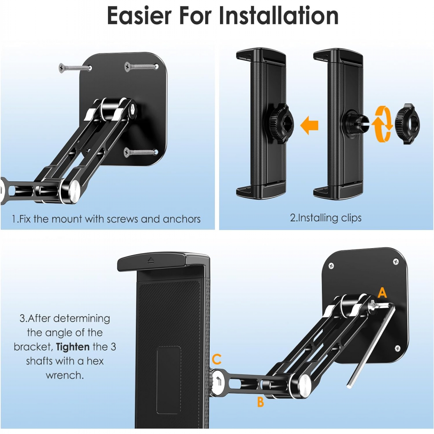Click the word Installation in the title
[x=279, y=16]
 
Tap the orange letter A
[x=382, y=293]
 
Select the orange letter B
[x=260, y=401]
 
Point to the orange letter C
[x=217, y=359]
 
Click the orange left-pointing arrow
[x=309, y=125]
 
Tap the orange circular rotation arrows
[x=382, y=124]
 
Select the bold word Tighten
[x=72, y=347]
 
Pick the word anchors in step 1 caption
[x=181, y=219]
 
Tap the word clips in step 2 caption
[x=351, y=218]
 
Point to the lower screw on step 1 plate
[x=141, y=152]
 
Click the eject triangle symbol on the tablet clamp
[x=151, y=260]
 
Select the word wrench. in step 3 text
[x=65, y=375]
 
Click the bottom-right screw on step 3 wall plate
[x=398, y=348]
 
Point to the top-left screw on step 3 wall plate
[x=331, y=266]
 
